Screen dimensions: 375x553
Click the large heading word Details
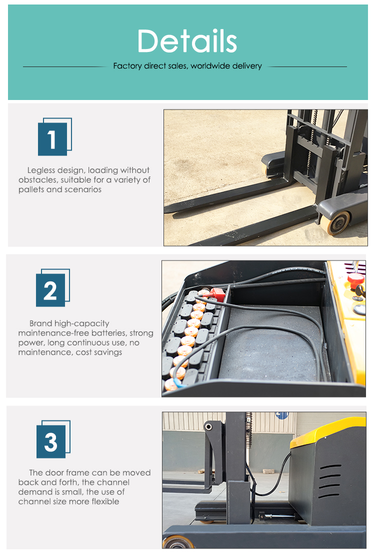(x=187, y=41)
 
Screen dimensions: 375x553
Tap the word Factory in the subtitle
(x=127, y=66)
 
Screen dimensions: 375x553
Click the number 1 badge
(x=54, y=137)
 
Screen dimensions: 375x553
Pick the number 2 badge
(x=53, y=288)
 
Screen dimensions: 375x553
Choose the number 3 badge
(x=53, y=439)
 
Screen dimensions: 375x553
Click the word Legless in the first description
(x=42, y=170)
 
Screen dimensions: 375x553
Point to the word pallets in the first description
(x=31, y=189)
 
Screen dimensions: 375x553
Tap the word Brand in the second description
(x=40, y=323)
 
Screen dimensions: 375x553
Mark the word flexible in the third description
(x=105, y=501)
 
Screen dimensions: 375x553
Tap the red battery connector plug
(x=217, y=294)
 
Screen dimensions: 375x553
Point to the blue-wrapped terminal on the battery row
(x=176, y=384)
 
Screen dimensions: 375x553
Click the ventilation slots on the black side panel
(x=330, y=481)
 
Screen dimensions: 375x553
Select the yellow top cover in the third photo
(x=328, y=431)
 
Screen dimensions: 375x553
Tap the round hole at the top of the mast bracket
(x=208, y=427)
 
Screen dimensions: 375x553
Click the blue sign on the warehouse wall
(x=282, y=415)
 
